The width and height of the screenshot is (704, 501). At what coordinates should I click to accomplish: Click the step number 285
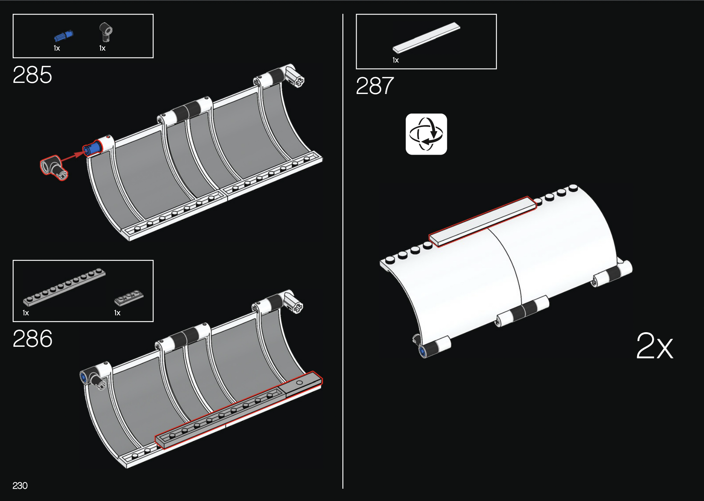(x=32, y=74)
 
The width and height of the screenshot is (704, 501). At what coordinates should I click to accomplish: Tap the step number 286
(x=33, y=339)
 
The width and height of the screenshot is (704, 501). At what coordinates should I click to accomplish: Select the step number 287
(x=375, y=86)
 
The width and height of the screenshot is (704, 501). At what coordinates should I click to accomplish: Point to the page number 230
(x=20, y=486)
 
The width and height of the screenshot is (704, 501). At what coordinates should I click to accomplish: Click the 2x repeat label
(x=654, y=346)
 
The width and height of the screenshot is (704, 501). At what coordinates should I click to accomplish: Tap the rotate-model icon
(x=426, y=134)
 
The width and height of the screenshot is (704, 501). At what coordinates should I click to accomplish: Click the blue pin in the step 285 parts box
(x=63, y=36)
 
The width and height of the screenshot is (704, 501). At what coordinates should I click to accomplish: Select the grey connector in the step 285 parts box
(x=106, y=32)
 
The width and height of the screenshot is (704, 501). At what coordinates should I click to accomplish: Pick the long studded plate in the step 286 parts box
(x=64, y=287)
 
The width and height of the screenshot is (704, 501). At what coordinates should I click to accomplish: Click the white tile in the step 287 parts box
(x=426, y=38)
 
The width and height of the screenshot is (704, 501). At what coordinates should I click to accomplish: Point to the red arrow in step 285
(x=72, y=156)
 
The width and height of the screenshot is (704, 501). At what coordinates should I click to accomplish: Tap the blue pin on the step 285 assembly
(x=92, y=148)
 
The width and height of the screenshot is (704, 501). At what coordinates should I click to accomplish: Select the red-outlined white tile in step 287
(x=482, y=222)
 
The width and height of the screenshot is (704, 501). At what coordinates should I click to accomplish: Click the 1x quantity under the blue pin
(x=57, y=48)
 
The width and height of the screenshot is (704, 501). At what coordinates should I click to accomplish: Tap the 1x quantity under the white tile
(x=395, y=60)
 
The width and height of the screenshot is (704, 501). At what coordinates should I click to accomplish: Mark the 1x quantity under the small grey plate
(x=117, y=313)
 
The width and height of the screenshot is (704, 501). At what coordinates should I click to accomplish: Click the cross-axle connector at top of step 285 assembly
(x=294, y=77)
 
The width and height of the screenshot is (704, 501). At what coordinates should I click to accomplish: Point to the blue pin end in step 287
(x=423, y=351)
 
